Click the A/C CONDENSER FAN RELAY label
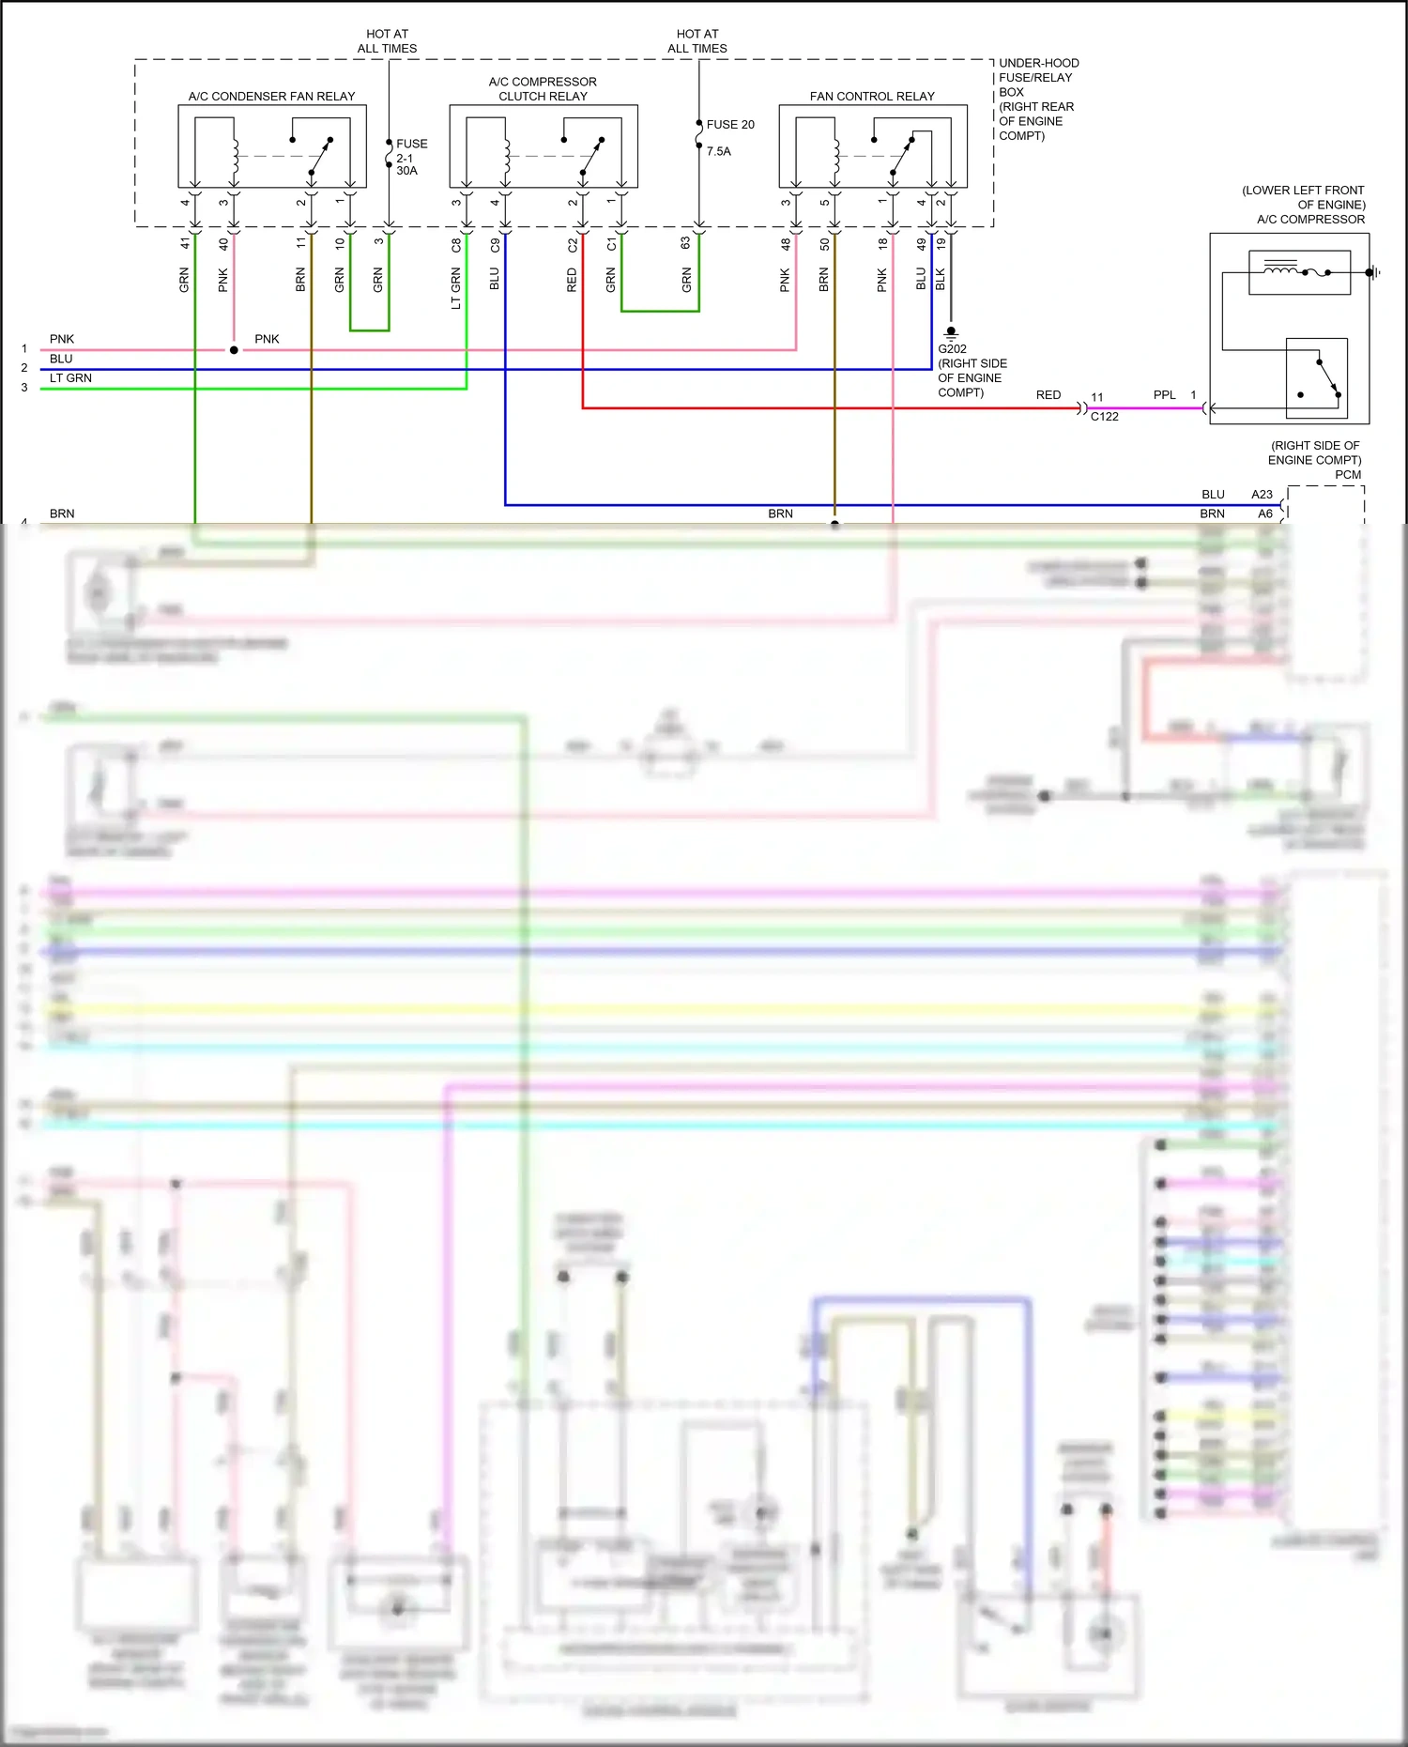point(271,97)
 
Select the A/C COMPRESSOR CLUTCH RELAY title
point(543,89)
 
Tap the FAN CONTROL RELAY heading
point(872,97)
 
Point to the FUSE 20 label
point(730,125)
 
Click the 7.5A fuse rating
point(718,151)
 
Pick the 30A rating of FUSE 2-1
point(406,171)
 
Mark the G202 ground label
point(952,349)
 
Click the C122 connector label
point(1104,417)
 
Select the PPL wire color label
point(1164,395)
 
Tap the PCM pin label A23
point(1262,495)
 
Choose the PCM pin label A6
point(1264,513)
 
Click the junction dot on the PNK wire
point(234,350)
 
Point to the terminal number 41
point(185,243)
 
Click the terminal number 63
point(686,243)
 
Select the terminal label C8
point(456,245)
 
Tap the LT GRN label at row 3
point(70,378)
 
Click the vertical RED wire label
point(572,280)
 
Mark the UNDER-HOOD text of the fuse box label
point(1038,64)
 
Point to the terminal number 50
point(824,244)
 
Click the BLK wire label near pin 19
point(941,279)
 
